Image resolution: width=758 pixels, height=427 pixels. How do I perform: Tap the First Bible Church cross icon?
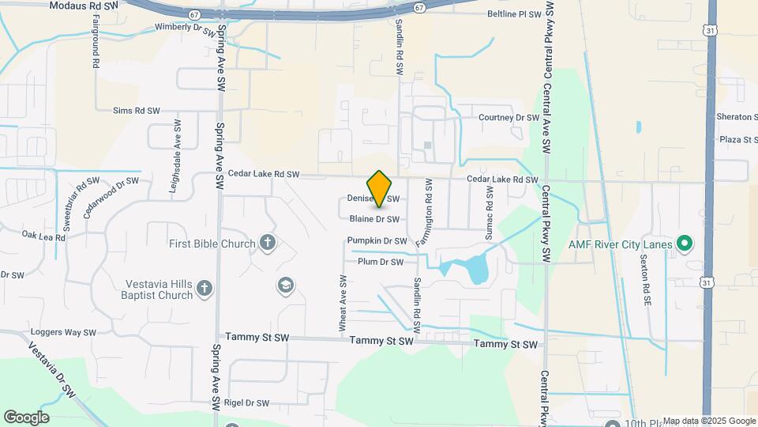[268, 243]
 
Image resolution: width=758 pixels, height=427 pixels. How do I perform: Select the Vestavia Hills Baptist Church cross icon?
[205, 289]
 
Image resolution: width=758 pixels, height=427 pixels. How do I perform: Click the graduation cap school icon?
[285, 285]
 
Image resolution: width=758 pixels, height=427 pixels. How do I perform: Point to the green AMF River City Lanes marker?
[685, 244]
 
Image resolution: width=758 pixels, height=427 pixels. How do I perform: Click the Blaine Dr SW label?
[374, 219]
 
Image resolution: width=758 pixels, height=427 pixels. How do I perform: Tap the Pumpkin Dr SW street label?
[377, 240]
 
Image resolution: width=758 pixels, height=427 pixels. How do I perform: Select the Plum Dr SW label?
[381, 262]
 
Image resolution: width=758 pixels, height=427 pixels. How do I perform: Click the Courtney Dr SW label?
[508, 118]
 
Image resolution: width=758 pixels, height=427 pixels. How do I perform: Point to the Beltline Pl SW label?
[514, 14]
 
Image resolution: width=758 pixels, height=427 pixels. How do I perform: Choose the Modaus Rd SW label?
[83, 6]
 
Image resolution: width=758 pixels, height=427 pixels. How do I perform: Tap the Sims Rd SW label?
[137, 111]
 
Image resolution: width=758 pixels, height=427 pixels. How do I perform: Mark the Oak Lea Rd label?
[43, 236]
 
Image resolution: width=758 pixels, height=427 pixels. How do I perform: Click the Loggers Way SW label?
[63, 333]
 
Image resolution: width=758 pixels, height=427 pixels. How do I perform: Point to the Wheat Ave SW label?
[343, 304]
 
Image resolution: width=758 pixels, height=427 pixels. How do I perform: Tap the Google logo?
[26, 418]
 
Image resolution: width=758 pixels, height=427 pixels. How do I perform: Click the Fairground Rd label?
[95, 51]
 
